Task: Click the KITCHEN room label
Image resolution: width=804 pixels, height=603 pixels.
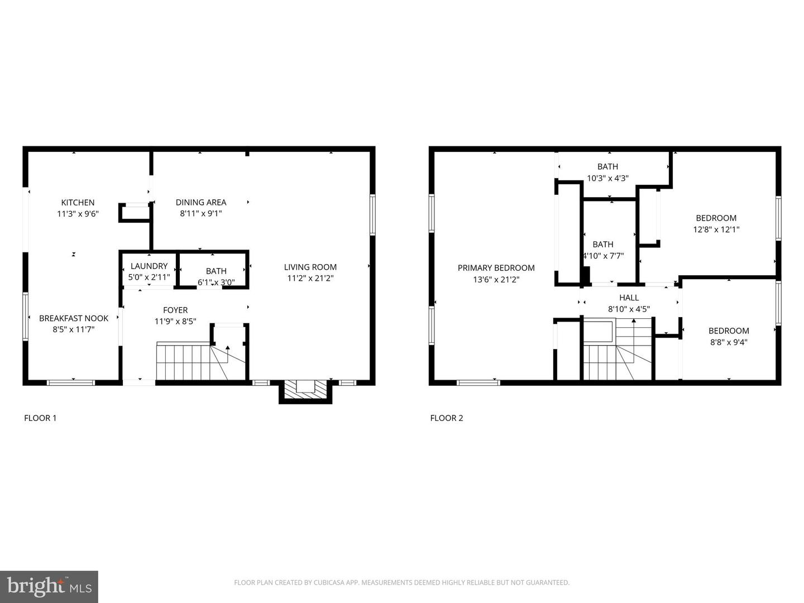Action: click(78, 203)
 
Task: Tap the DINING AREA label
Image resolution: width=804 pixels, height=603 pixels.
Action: click(201, 203)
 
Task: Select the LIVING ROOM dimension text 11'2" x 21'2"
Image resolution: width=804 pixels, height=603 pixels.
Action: click(310, 278)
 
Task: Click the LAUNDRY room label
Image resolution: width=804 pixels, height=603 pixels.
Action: click(149, 266)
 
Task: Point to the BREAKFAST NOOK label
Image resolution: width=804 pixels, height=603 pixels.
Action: click(74, 318)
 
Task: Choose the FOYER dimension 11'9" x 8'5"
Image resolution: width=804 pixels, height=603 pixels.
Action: click(175, 321)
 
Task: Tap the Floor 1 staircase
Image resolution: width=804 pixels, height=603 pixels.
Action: click(184, 362)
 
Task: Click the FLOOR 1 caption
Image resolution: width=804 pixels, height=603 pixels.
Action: click(40, 418)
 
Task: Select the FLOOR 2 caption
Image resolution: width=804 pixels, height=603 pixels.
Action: click(447, 418)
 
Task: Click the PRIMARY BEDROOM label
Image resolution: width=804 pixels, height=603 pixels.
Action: click(496, 268)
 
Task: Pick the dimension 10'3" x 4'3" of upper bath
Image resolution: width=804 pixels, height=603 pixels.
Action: click(607, 178)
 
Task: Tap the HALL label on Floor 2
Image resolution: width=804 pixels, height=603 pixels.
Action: click(629, 298)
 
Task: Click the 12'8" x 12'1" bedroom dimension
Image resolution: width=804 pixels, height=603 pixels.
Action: click(716, 229)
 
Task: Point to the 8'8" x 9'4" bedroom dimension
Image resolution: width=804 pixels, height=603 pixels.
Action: click(729, 342)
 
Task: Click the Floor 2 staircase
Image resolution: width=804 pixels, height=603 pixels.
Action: click(617, 352)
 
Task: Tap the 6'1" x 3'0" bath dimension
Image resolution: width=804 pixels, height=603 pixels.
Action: click(216, 283)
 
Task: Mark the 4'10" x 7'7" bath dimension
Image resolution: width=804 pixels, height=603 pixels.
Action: click(603, 256)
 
